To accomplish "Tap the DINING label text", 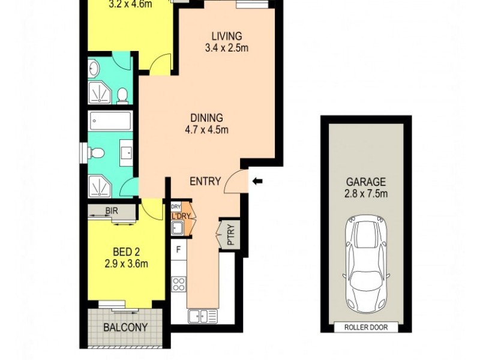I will pyautogui.click(x=207, y=118).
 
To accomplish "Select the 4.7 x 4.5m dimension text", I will pyautogui.click(x=207, y=129).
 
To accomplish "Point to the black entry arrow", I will pyautogui.click(x=257, y=181).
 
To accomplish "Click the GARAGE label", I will pyautogui.click(x=365, y=182).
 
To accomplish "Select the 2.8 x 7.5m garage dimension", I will pyautogui.click(x=365, y=193).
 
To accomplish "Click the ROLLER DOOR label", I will pyautogui.click(x=365, y=327).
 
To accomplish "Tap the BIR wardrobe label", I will pyautogui.click(x=111, y=211).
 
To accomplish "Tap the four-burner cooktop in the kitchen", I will pyautogui.click(x=178, y=284).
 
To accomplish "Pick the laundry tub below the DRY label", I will pyautogui.click(x=178, y=227).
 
